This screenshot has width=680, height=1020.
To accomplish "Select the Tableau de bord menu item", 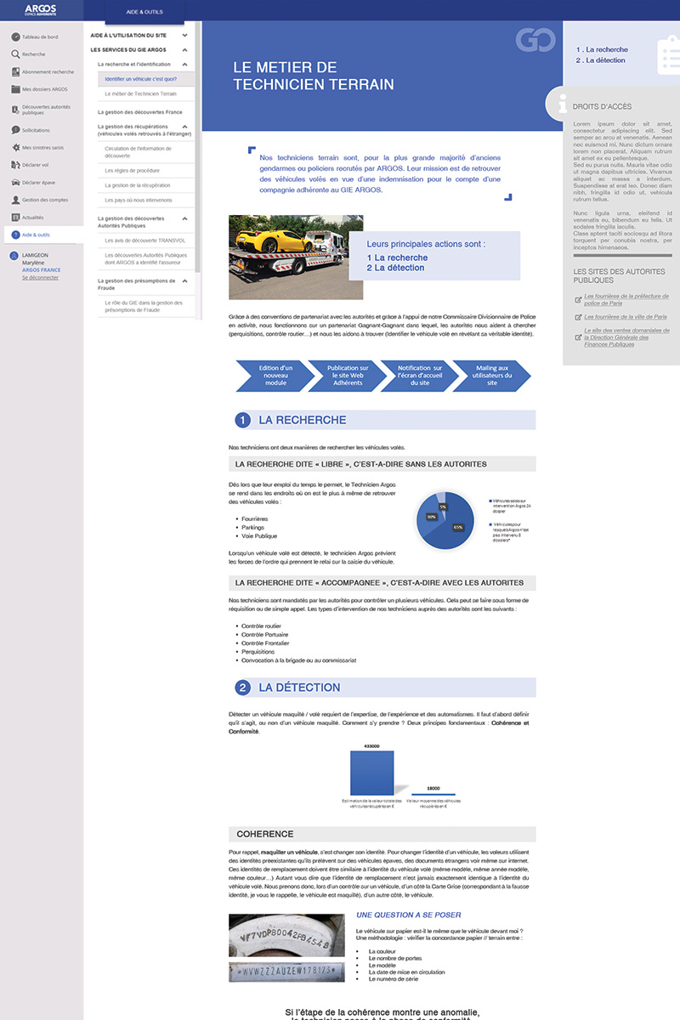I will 39,37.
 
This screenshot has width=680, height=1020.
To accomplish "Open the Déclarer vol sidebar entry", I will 35,165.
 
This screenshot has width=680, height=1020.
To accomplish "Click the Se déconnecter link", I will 40,277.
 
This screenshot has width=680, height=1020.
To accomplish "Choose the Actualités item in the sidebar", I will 33,218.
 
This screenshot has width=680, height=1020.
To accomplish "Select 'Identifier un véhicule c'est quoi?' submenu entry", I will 140,79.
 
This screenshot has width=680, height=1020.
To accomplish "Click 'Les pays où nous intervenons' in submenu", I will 139,201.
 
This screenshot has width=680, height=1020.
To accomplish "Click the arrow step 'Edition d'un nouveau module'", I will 275,375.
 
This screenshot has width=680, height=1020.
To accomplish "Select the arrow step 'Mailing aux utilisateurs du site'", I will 492,375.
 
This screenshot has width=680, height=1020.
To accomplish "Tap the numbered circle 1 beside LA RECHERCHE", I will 242,420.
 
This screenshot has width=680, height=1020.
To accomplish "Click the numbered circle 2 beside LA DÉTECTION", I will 242,688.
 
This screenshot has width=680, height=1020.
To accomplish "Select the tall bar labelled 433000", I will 371,773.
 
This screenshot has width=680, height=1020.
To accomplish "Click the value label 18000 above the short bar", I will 433,788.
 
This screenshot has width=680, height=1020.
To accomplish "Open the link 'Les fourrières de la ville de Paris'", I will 625,317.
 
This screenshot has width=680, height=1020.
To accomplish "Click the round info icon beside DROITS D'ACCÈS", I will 562,105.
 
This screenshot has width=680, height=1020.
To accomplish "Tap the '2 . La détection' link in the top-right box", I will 600,60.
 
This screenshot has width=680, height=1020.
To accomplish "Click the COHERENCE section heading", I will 265,834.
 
